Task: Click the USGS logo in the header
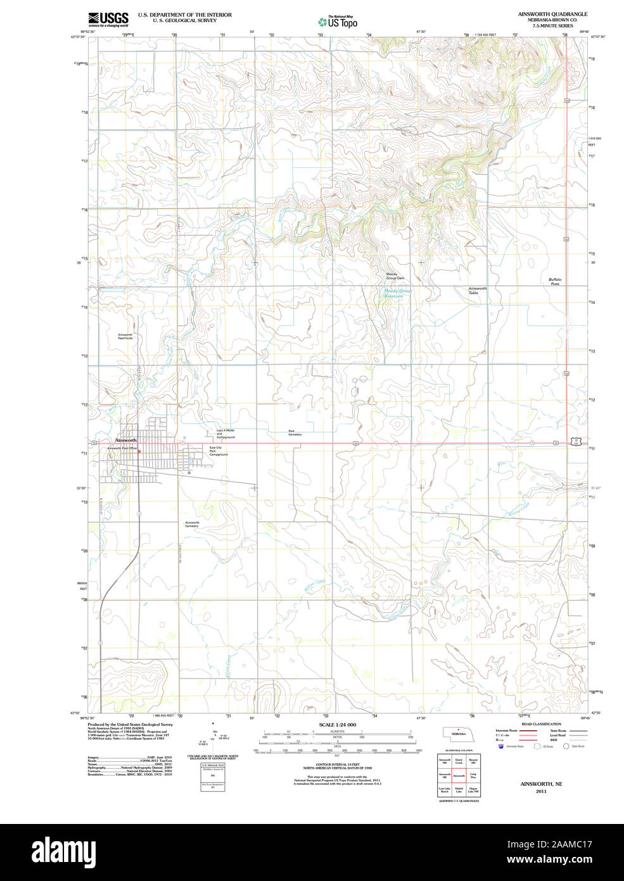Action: [x=108, y=18]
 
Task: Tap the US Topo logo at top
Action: [x=338, y=21]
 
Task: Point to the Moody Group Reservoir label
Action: [x=398, y=293]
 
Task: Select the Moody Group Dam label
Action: [x=395, y=276]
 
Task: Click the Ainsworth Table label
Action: [x=478, y=290]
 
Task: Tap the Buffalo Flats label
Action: [x=555, y=281]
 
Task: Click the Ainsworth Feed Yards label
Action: [x=125, y=337]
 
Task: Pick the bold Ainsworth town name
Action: [x=125, y=440]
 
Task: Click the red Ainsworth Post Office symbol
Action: [x=139, y=451]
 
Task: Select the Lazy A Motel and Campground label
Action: [x=226, y=434]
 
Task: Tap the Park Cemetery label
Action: [x=295, y=433]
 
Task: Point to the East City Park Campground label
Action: [x=219, y=451]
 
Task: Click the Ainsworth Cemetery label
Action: [x=192, y=524]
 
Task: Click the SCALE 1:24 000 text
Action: [x=337, y=724]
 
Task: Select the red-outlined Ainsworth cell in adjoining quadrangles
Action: [x=459, y=775]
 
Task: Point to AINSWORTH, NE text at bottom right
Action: [x=541, y=784]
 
